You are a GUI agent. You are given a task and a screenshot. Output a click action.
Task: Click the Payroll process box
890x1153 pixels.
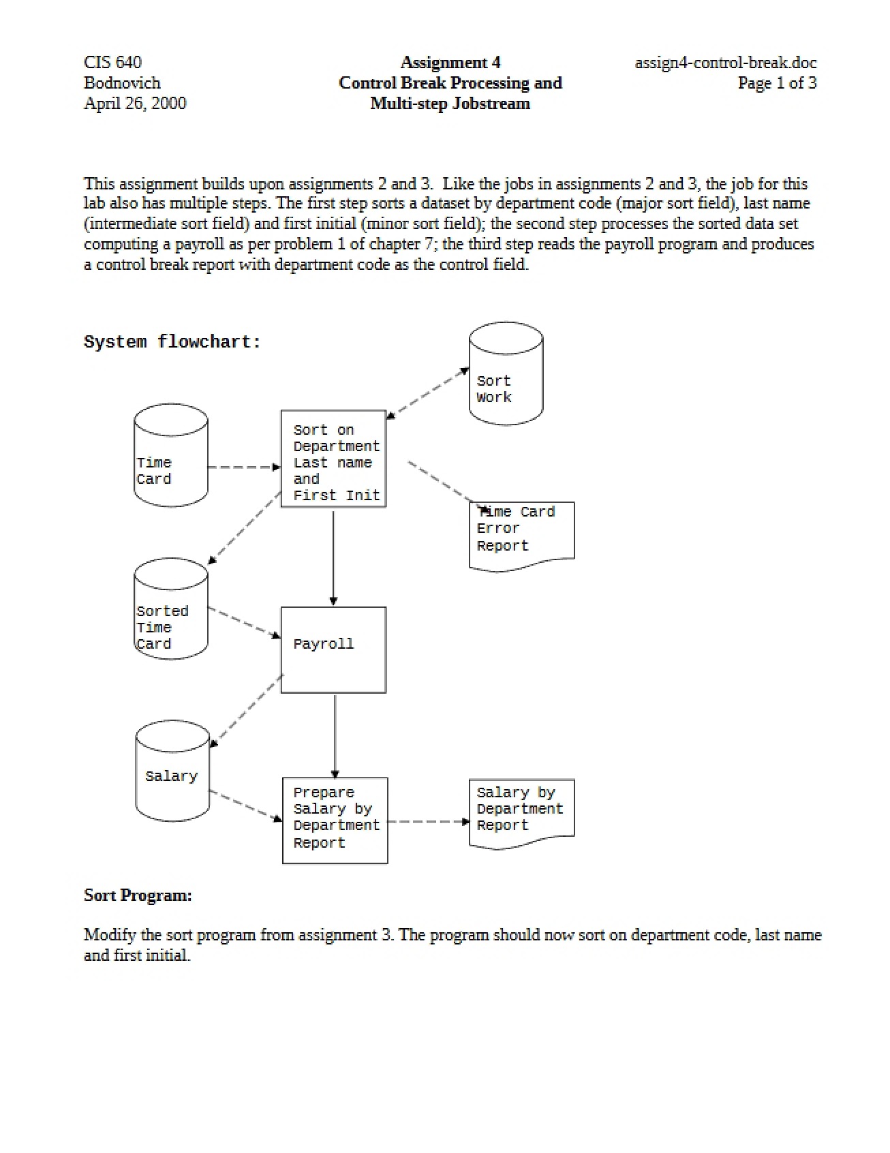[x=333, y=649]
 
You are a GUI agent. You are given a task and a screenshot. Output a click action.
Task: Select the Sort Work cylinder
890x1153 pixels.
[x=506, y=373]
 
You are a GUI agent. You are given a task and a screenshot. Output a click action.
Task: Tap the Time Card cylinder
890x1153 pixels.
[x=171, y=455]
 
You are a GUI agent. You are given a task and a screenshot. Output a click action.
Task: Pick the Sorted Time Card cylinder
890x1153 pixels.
[x=171, y=609]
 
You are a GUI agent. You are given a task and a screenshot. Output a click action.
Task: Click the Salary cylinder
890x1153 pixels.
[x=172, y=771]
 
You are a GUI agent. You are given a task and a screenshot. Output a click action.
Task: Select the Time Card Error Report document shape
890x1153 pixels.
[x=521, y=536]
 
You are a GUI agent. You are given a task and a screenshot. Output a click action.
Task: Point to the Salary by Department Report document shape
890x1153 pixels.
[x=521, y=814]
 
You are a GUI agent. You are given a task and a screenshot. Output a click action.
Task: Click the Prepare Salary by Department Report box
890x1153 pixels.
[x=335, y=820]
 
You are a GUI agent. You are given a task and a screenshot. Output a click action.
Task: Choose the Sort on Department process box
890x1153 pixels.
[x=333, y=459]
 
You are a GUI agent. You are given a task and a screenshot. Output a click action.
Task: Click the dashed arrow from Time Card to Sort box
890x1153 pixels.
[x=244, y=467]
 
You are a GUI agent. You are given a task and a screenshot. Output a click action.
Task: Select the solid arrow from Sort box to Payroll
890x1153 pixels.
[x=333, y=557]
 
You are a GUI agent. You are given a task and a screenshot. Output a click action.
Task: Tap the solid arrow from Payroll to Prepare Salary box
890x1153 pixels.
[x=335, y=735]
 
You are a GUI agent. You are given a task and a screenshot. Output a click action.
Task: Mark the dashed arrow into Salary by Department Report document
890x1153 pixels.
[x=429, y=822]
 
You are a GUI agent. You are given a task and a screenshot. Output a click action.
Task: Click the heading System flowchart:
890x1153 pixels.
[x=172, y=341]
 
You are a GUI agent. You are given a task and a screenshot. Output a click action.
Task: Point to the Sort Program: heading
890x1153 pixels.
[x=138, y=895]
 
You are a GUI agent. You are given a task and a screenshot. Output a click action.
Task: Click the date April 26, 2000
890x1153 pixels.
[x=135, y=104]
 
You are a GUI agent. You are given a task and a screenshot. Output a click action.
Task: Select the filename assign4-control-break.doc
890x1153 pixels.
[x=726, y=63]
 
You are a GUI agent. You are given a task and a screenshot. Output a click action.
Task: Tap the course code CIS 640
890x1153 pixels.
[x=112, y=63]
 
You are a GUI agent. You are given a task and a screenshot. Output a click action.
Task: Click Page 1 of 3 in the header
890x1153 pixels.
[x=777, y=84]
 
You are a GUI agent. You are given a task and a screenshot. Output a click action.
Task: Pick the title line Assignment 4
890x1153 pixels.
[x=450, y=63]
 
